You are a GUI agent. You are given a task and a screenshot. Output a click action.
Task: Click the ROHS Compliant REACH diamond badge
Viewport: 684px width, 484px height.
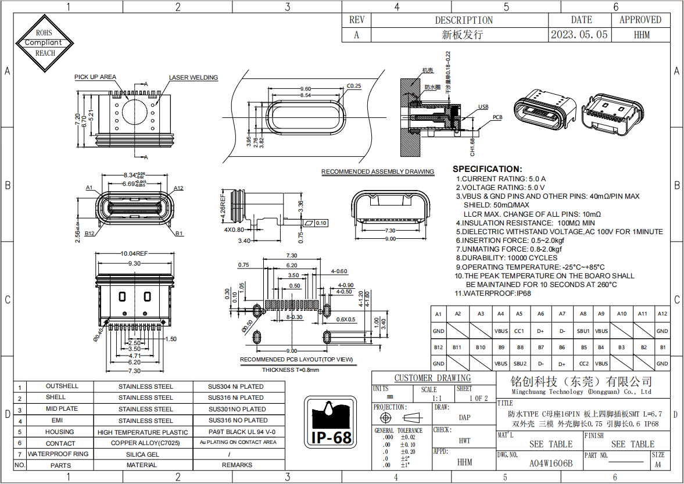click(x=45, y=43)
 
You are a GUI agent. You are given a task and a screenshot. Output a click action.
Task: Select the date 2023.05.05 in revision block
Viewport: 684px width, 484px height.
click(x=579, y=35)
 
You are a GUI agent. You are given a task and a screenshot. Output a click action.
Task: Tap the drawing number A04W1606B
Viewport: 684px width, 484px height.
click(x=550, y=464)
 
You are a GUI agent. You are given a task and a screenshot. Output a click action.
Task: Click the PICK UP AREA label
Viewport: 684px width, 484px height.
click(x=95, y=77)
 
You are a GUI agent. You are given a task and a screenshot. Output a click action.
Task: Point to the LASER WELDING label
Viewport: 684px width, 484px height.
click(x=193, y=78)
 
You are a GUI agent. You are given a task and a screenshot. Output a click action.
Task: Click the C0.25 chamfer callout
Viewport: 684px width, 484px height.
click(x=354, y=86)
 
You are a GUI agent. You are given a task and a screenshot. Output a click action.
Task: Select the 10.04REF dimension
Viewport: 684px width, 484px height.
click(x=134, y=254)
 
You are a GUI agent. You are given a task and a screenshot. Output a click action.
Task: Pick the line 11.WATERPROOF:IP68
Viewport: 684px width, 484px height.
click(x=493, y=293)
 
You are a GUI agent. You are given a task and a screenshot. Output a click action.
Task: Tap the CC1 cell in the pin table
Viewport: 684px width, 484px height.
click(x=519, y=331)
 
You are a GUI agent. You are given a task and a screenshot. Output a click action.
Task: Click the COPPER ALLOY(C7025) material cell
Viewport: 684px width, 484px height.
click(x=145, y=443)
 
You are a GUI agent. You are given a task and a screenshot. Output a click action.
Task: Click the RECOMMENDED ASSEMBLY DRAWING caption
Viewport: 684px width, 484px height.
click(x=378, y=172)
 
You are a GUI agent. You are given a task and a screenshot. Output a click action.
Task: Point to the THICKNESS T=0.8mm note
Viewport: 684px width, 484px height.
click(x=290, y=370)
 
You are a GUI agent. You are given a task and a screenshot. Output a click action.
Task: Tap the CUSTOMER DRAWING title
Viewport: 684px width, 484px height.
click(x=432, y=378)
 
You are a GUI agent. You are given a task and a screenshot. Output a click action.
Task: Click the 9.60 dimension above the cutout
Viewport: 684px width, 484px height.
click(x=305, y=88)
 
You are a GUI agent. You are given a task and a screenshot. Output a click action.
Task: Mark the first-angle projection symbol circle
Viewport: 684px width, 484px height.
click(x=384, y=418)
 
